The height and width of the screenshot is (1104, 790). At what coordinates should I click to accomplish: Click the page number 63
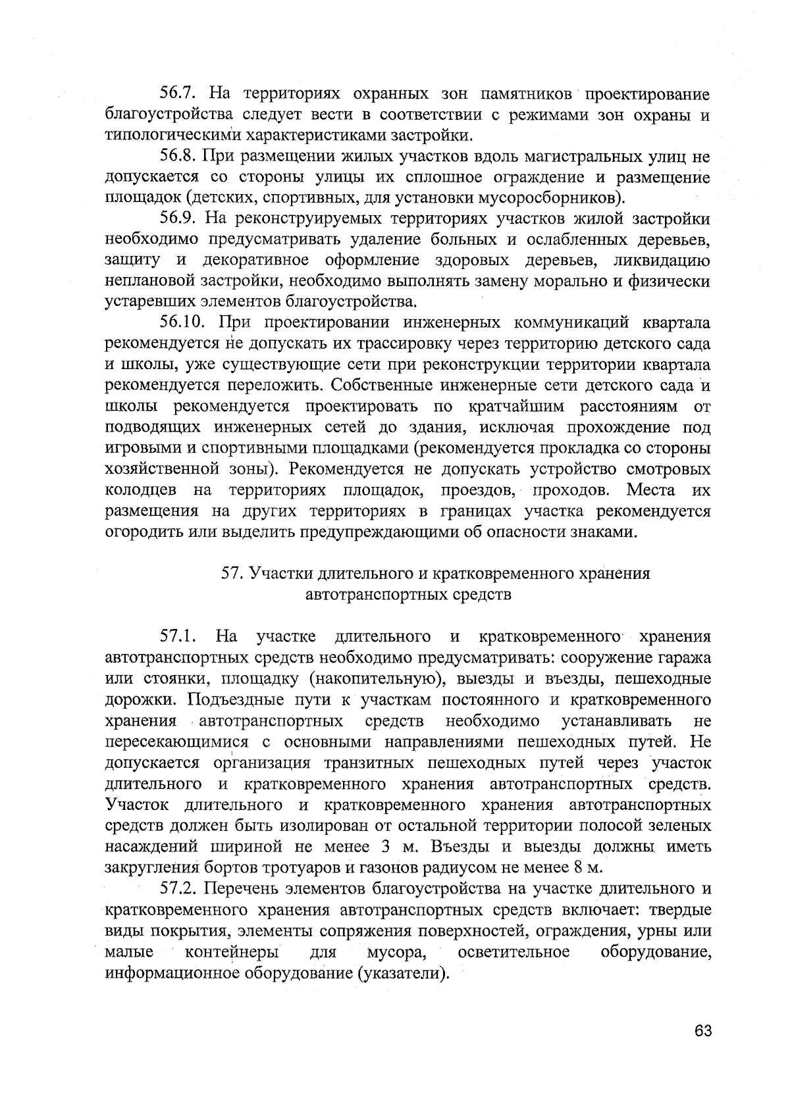[x=702, y=1031]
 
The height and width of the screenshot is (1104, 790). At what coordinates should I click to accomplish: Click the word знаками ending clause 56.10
[x=606, y=532]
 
